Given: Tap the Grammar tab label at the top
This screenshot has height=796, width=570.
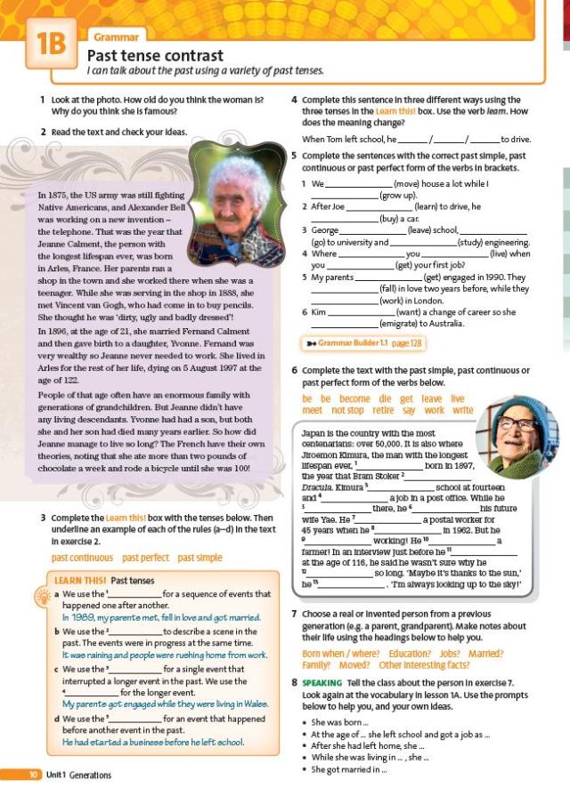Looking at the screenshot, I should pyautogui.click(x=117, y=36).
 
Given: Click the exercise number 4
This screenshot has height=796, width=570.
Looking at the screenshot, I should pyautogui.click(x=295, y=100).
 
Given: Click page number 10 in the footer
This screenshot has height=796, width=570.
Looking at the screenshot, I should pyautogui.click(x=33, y=775).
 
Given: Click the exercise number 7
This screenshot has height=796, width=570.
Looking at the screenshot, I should pyautogui.click(x=295, y=614).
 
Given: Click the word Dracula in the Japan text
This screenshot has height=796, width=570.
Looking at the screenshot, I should pyautogui.click(x=317, y=486).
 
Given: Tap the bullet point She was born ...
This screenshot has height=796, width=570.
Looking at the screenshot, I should pyautogui.click(x=338, y=722).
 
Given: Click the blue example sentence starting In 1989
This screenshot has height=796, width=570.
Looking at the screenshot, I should pyautogui.click(x=160, y=616).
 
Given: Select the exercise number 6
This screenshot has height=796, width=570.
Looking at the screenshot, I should pyautogui.click(x=295, y=370).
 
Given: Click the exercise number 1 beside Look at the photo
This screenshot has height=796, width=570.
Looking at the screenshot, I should pyautogui.click(x=43, y=100).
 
